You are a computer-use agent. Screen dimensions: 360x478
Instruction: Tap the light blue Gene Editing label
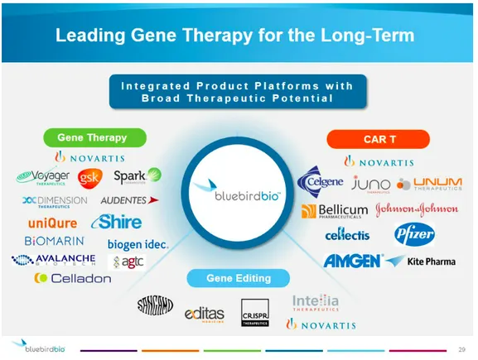click(x=238, y=279)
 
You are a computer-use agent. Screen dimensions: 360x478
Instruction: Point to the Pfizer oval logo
click(x=414, y=234)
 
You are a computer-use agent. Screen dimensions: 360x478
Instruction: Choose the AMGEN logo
click(x=352, y=261)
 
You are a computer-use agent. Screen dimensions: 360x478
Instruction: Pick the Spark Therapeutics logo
click(x=137, y=176)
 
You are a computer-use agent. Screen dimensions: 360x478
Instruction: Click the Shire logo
click(x=121, y=222)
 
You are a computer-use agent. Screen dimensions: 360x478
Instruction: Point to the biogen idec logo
click(x=138, y=244)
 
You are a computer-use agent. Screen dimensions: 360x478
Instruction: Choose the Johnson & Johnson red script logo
click(x=416, y=209)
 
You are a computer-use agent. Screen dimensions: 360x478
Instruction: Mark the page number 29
click(x=461, y=347)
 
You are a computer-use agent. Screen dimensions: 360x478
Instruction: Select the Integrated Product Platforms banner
click(x=237, y=92)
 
